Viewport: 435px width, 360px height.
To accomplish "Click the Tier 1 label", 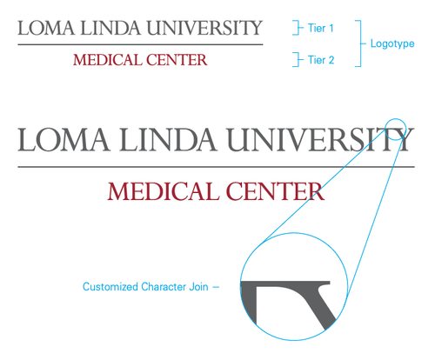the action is [x=320, y=28].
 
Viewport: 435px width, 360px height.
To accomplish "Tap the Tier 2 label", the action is [x=321, y=60].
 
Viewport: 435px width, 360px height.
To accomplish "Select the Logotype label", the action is [x=392, y=43].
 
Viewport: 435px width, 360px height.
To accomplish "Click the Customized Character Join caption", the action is [x=145, y=287].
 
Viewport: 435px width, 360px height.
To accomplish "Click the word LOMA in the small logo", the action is [x=46, y=28].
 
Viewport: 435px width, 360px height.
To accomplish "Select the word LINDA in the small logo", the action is [x=110, y=28].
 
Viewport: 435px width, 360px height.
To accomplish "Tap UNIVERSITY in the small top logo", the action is [x=204, y=28].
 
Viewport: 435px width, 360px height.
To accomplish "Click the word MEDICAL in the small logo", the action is [x=106, y=60].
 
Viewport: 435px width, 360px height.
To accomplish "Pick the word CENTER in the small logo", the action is [x=177, y=60].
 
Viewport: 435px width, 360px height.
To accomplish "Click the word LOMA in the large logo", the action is [x=64, y=139].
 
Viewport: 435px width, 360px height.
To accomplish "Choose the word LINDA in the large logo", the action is [x=168, y=139].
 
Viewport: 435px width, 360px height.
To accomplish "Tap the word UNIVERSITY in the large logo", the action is [x=320, y=139].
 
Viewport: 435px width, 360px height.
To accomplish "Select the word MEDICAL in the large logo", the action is [x=164, y=191].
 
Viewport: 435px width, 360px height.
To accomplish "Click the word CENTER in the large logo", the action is [x=275, y=191].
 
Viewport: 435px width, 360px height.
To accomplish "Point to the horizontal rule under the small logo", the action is [x=140, y=44].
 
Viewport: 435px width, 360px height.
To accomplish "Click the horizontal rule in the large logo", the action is [x=216, y=167].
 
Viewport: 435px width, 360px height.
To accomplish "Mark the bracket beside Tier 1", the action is [x=298, y=28].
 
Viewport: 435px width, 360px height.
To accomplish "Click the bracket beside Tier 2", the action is [x=298, y=60].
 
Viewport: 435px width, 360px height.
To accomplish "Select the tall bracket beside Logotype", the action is [x=361, y=43].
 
